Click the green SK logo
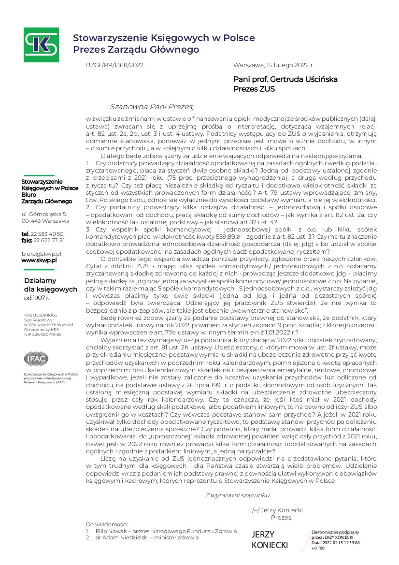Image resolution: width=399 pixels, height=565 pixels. [42, 44]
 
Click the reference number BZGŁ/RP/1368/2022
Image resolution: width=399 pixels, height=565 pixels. [114, 64]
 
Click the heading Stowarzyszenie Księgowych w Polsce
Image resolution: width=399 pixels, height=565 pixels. [164, 38]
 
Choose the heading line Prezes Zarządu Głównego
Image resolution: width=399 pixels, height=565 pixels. [136, 49]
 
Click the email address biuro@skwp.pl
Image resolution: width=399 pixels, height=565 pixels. [42, 253]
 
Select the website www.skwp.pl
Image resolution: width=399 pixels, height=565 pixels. [40, 260]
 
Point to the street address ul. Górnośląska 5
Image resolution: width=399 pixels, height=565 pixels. [44, 214]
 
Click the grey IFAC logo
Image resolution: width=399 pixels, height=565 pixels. [36, 359]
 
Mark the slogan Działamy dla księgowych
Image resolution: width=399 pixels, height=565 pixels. [50, 285]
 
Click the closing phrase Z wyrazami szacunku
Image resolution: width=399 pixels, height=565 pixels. [237, 495]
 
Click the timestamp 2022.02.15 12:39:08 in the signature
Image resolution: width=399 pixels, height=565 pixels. [342, 543]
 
